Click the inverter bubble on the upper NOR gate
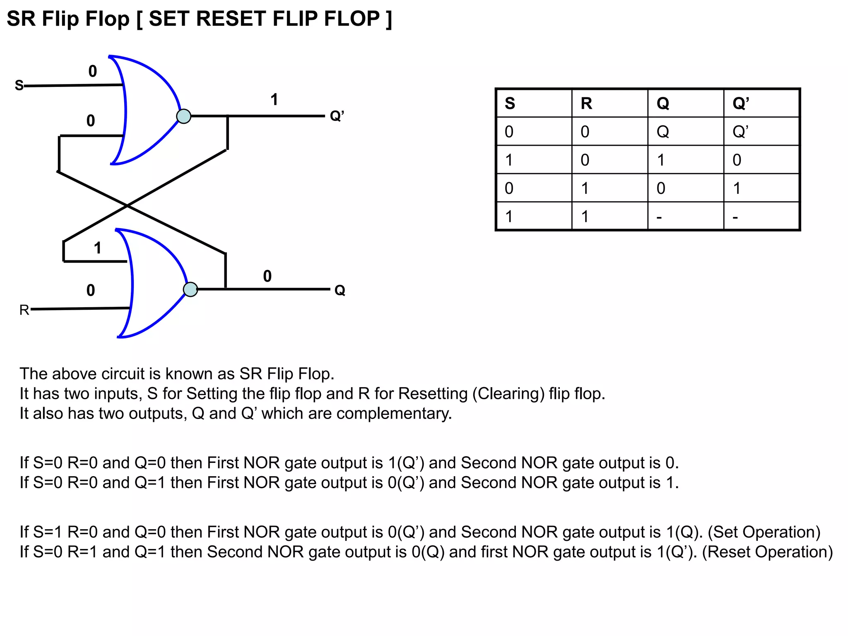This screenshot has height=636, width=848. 183,116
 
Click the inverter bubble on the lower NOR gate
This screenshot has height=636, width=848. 190,289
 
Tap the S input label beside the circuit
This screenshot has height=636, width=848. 19,85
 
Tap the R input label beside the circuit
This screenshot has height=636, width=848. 24,310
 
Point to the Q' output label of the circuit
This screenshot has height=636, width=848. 337,116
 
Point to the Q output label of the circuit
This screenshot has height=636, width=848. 340,290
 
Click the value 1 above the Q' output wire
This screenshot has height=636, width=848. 274,100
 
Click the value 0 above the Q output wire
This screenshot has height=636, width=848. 267,276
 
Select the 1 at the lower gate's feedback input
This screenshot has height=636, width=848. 97,248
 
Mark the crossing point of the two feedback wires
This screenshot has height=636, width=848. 127,205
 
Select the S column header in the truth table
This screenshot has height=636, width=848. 510,103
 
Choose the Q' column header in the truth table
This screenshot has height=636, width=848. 740,103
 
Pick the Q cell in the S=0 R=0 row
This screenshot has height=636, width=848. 662,132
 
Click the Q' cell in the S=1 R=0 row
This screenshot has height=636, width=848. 737,160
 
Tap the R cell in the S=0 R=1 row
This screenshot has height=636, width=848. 585,188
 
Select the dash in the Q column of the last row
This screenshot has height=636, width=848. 659,217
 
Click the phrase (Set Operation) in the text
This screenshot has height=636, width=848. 764,532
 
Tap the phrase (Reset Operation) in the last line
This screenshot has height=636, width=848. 767,552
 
